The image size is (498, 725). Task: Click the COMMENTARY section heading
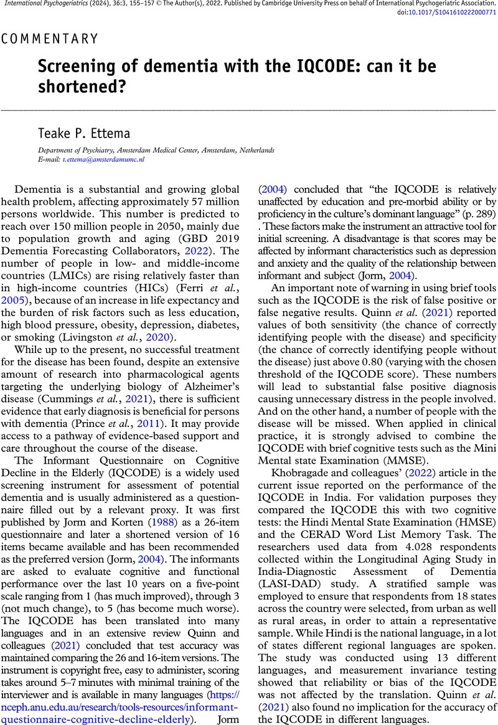(50, 39)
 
